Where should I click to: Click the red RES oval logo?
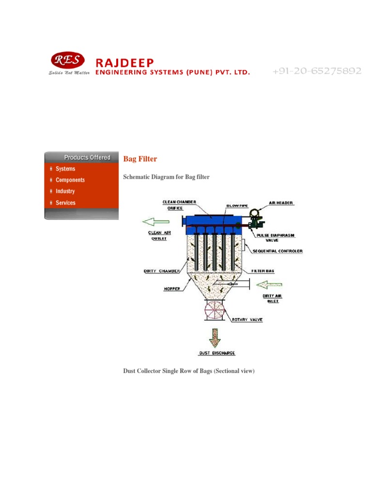(x=67, y=60)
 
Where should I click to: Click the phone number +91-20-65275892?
(x=317, y=71)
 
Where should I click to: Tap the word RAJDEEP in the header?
(x=124, y=62)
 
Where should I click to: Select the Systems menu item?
(x=65, y=169)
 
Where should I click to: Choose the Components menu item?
(x=70, y=180)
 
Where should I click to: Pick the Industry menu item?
(x=65, y=191)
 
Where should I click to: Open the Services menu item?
(x=65, y=203)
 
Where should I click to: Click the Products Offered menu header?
(x=87, y=157)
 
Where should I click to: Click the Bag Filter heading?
(x=140, y=159)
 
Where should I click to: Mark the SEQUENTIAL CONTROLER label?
(x=278, y=251)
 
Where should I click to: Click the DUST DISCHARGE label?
(x=217, y=353)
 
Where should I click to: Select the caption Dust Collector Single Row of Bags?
(x=189, y=371)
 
